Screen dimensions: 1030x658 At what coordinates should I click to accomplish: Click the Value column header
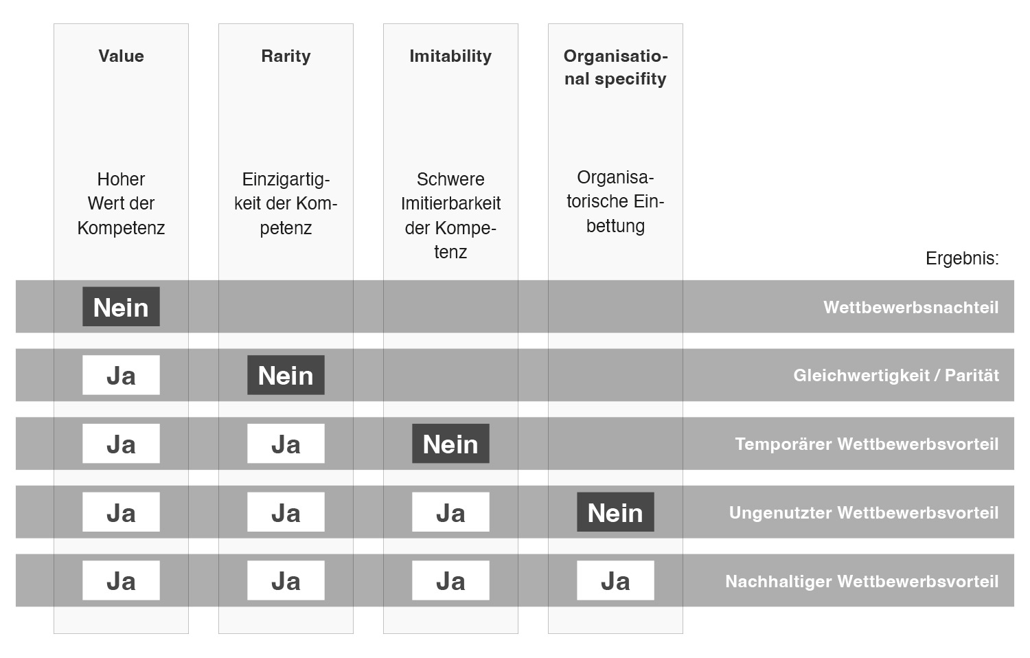(121, 56)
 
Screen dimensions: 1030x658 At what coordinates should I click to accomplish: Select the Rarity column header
(286, 56)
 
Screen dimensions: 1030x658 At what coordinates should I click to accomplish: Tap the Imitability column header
(450, 56)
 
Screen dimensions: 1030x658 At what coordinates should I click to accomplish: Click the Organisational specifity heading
(615, 67)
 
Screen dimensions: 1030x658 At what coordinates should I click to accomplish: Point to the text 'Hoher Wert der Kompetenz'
(121, 204)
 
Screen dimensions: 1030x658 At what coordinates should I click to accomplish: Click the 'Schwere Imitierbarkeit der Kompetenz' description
(450, 216)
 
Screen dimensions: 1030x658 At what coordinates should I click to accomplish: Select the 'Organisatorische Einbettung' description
(615, 201)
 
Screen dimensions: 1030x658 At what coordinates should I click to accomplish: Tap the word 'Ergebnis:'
(962, 258)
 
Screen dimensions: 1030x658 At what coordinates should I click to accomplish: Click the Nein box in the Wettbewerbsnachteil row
(121, 307)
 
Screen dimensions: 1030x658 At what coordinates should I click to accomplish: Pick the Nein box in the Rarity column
(286, 375)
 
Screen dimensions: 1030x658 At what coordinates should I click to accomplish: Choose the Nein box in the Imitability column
(450, 444)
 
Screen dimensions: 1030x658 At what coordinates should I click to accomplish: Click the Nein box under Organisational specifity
(615, 512)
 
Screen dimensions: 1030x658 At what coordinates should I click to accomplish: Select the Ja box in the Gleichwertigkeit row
(121, 375)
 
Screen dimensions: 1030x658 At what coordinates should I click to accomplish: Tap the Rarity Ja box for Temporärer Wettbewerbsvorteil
(286, 444)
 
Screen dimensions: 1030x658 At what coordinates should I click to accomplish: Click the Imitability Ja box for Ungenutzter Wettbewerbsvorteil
(450, 512)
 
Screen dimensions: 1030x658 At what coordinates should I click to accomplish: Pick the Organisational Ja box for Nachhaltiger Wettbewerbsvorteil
(615, 581)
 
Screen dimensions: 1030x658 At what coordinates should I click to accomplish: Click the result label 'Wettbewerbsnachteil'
(911, 307)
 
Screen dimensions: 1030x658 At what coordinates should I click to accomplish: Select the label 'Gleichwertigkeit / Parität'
(896, 376)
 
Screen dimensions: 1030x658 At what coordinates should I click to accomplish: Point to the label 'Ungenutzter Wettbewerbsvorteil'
(864, 512)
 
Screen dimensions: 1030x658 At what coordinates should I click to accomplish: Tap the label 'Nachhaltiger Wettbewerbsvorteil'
(862, 581)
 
